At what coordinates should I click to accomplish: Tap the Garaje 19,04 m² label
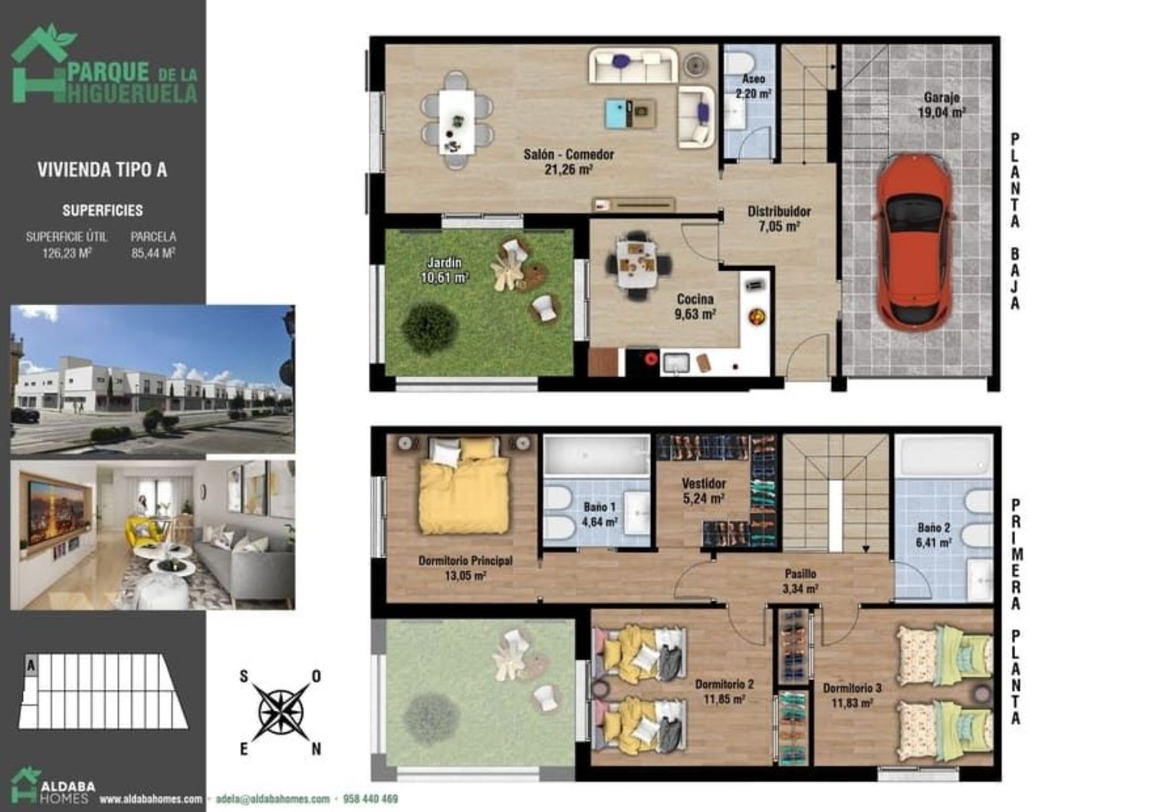pos(941,105)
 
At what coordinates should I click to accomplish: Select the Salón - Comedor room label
pos(568,161)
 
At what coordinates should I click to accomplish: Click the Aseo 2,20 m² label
pos(753,87)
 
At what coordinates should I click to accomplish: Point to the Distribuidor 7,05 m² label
pos(779,219)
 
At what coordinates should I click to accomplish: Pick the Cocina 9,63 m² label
pos(695,307)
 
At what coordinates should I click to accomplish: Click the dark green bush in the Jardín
pos(429,328)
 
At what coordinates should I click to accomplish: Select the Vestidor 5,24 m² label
pos(703,491)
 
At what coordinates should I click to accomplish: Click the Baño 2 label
pos(934,528)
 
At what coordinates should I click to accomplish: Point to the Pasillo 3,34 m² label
pos(800,581)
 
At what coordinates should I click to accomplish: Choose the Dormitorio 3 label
pos(852,689)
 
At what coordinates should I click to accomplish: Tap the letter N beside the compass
pos(316,749)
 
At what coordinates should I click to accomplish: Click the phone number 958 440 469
pos(370,799)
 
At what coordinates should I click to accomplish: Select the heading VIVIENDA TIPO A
pos(102,170)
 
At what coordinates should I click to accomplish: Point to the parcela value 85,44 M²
pos(153,253)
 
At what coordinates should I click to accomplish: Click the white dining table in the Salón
pos(456,121)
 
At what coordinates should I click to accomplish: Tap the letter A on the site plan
pos(31,666)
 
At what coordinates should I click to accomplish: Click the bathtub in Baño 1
pos(596,455)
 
